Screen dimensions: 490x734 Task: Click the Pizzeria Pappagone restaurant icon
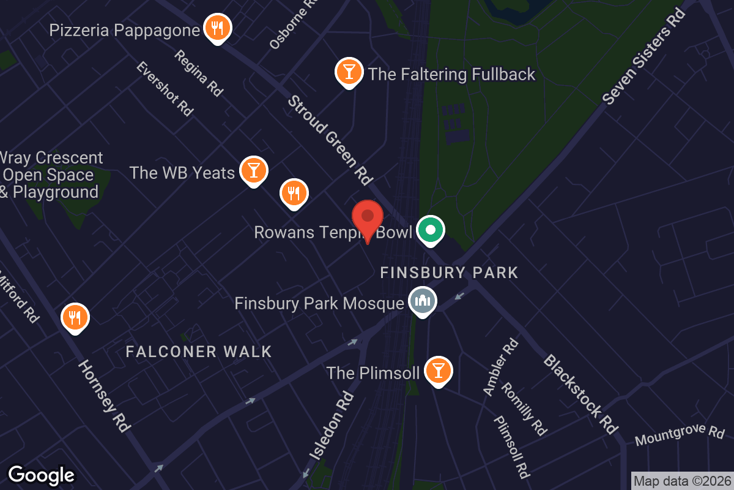point(217,28)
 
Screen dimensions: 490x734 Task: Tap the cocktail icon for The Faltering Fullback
point(349,72)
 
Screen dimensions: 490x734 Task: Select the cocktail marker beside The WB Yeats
point(253,171)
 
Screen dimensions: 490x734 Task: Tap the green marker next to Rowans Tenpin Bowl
point(431,230)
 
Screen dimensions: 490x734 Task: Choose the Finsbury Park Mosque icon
point(423,301)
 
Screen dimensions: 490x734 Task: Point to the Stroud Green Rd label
point(330,140)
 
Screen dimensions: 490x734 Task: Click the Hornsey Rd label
point(104,396)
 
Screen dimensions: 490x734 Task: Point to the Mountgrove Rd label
point(679,435)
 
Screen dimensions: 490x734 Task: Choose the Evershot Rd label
point(165,88)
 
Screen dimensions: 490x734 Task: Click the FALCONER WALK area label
point(199,352)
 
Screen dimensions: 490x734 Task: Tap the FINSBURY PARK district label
point(449,273)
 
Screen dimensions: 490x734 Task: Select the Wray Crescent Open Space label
point(51,175)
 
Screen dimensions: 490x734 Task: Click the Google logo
point(41,475)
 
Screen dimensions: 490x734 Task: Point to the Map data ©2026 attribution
point(681,481)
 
